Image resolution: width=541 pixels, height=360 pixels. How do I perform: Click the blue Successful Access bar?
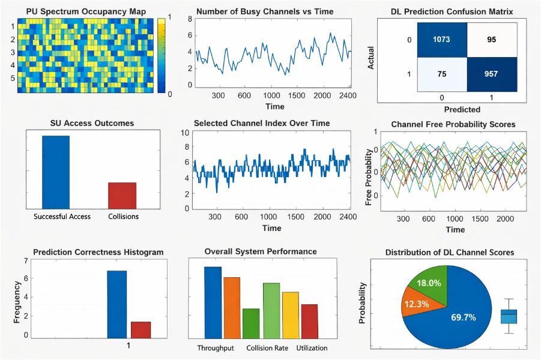56,172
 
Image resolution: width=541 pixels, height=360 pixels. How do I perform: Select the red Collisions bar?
122,195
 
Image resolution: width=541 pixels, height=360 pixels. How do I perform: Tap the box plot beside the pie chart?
509,316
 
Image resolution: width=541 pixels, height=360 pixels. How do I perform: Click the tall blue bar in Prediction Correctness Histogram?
117,304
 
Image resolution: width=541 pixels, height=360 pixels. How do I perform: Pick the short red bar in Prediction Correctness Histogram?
141,330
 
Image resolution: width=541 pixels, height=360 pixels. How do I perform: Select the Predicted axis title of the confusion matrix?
462,109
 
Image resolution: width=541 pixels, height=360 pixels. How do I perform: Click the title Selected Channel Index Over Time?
271,123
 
